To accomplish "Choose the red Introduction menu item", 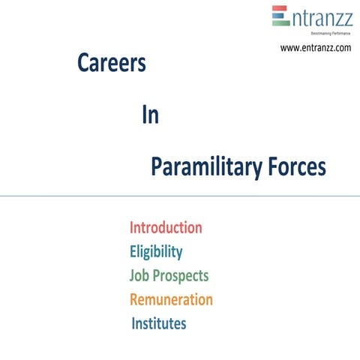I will pyautogui.click(x=166, y=227).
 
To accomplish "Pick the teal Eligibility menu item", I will pyautogui.click(x=155, y=251).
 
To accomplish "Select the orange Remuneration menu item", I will pyautogui.click(x=171, y=299).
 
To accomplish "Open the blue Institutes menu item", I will pyautogui.click(x=158, y=323).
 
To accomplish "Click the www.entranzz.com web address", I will pyautogui.click(x=316, y=48).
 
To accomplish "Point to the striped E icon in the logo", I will pyautogui.click(x=280, y=16).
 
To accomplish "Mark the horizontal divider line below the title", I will pyautogui.click(x=180, y=196).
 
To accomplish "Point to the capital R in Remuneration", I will pyautogui.click(x=134, y=299).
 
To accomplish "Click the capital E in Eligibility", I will pyautogui.click(x=133, y=251).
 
